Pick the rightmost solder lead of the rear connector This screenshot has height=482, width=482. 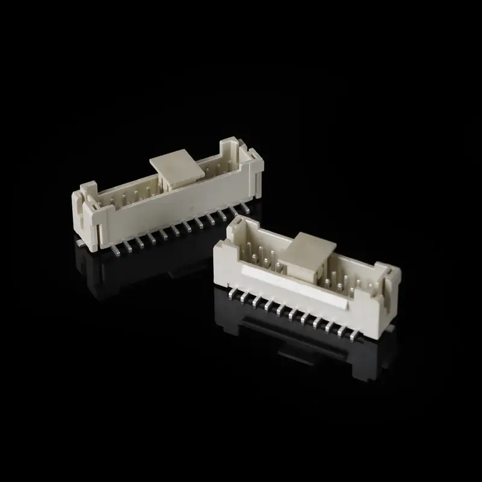pyautogui.click(x=244, y=208)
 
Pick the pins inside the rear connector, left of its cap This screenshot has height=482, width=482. pyautogui.click(x=130, y=193)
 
